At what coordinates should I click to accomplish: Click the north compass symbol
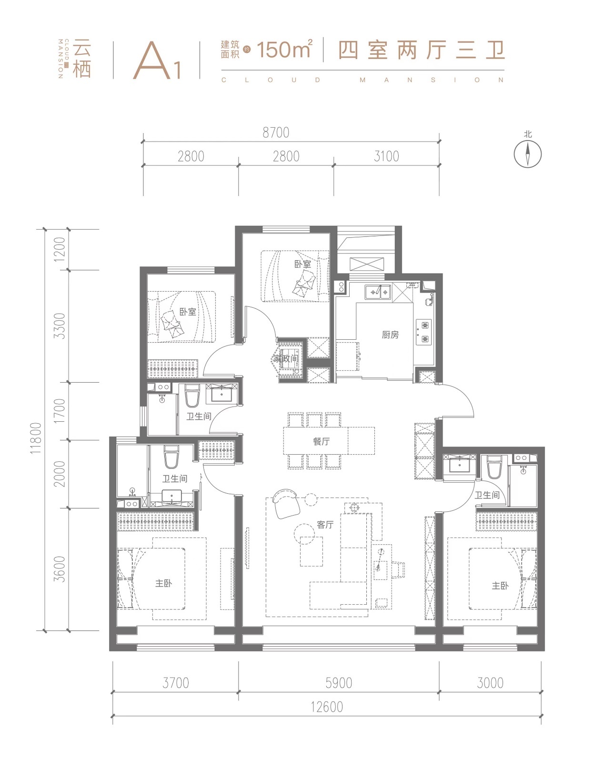coord(527,153)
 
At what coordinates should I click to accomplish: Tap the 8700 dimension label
coord(276,133)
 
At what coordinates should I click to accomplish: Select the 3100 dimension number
coord(386,156)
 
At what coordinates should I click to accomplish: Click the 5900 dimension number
coord(339,683)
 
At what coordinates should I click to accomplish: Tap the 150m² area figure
coord(285,49)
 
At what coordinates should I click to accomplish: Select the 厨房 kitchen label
coord(390,335)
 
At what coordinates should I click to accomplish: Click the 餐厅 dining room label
coord(321,441)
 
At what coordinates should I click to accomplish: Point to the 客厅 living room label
coord(325,524)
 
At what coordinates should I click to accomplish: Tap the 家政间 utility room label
coord(285,358)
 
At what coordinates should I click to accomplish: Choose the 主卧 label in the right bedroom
coord(500,585)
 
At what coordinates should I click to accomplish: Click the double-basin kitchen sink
coord(378,292)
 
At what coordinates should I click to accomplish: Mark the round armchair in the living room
coord(286,503)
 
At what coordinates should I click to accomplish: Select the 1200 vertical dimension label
coord(60,249)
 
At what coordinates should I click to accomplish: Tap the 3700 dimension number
coord(176,683)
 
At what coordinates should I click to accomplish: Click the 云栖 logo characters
coord(82,59)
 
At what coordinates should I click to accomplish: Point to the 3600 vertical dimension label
coord(60,569)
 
